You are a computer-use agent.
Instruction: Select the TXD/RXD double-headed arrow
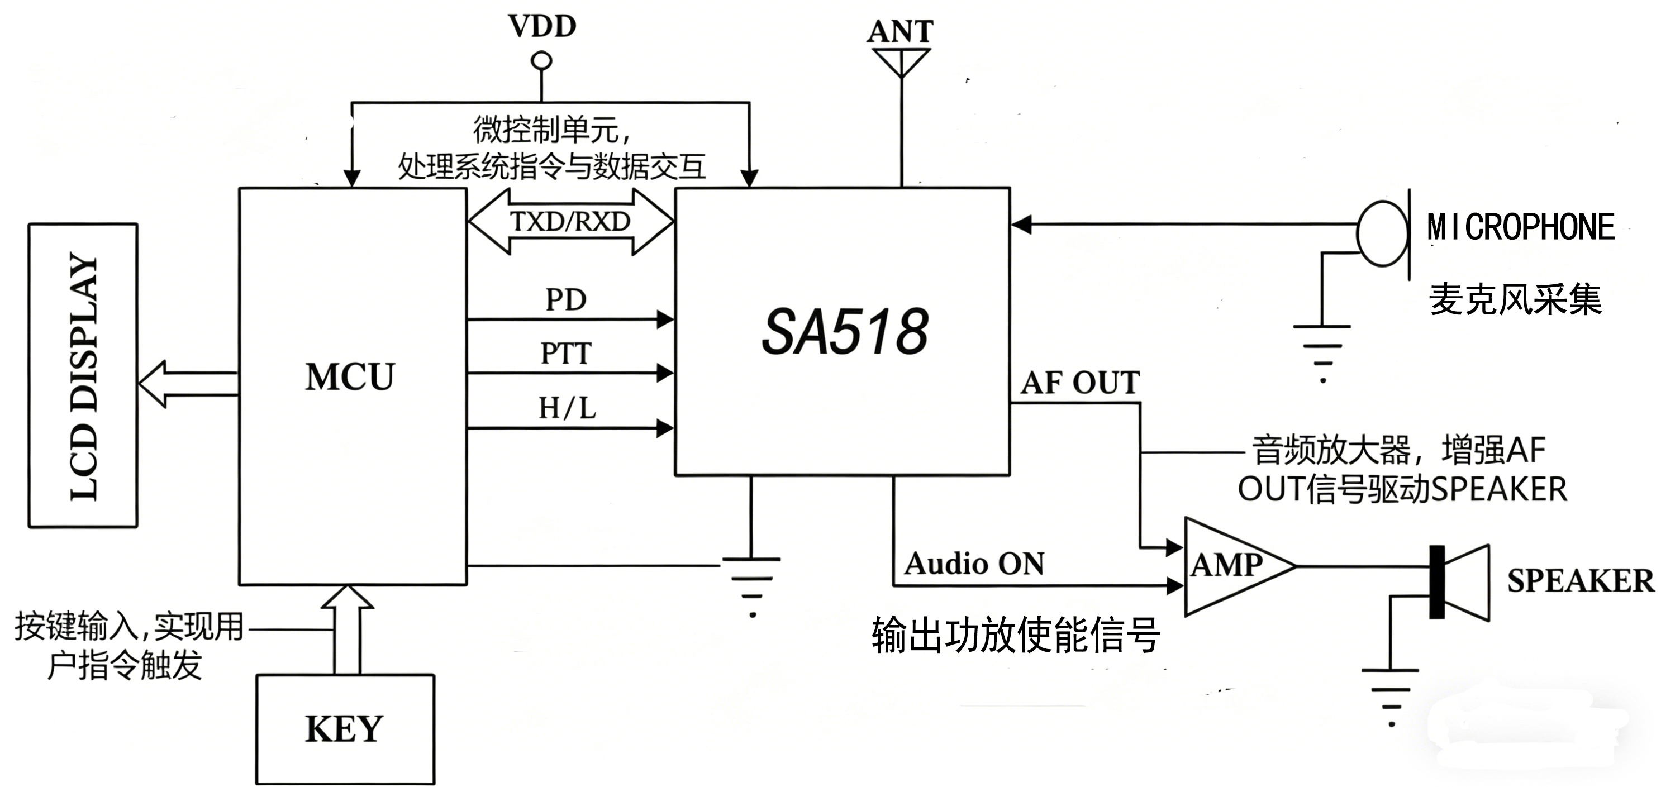(x=570, y=222)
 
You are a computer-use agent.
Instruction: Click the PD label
(x=565, y=300)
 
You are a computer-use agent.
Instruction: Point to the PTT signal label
(x=565, y=353)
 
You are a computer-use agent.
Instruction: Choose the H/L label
(x=567, y=408)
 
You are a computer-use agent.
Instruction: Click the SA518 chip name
(x=845, y=332)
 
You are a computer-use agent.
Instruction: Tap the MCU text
(x=350, y=377)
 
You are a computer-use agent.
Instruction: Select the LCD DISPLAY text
(x=84, y=376)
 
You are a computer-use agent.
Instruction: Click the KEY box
(x=345, y=729)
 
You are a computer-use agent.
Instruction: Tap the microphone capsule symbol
(x=1382, y=233)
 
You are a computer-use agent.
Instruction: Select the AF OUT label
(x=1080, y=383)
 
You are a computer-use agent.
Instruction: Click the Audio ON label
(x=974, y=564)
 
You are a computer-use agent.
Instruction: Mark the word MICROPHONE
(x=1520, y=227)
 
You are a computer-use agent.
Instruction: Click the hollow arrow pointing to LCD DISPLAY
(x=187, y=384)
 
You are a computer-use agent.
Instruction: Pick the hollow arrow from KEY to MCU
(x=348, y=628)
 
